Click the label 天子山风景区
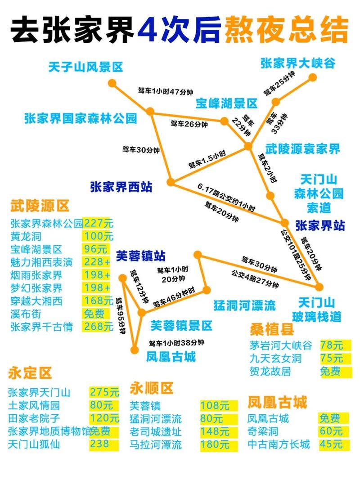(85, 68)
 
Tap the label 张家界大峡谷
(298, 63)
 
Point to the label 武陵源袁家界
(302, 148)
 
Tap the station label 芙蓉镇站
(141, 256)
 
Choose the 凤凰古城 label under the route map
(171, 357)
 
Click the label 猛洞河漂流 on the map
(244, 306)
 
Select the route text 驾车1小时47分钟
(165, 91)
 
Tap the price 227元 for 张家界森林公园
(99, 223)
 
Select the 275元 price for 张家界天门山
(104, 392)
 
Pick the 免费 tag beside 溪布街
(94, 314)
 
